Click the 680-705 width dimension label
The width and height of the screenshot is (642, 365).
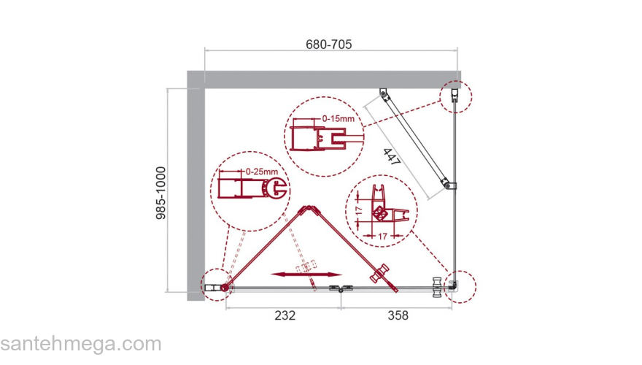(x=329, y=44)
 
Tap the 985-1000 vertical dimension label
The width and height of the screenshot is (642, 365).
(x=161, y=193)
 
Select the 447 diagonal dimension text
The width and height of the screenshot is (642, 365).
(x=392, y=157)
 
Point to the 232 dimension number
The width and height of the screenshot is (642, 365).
(x=285, y=315)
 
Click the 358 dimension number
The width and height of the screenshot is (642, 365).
(x=398, y=315)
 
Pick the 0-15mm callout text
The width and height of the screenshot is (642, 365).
(x=339, y=119)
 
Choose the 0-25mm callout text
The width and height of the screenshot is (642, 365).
(x=262, y=172)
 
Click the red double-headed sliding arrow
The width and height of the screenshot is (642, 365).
(x=306, y=274)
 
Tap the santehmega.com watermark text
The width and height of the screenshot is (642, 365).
(x=81, y=344)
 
